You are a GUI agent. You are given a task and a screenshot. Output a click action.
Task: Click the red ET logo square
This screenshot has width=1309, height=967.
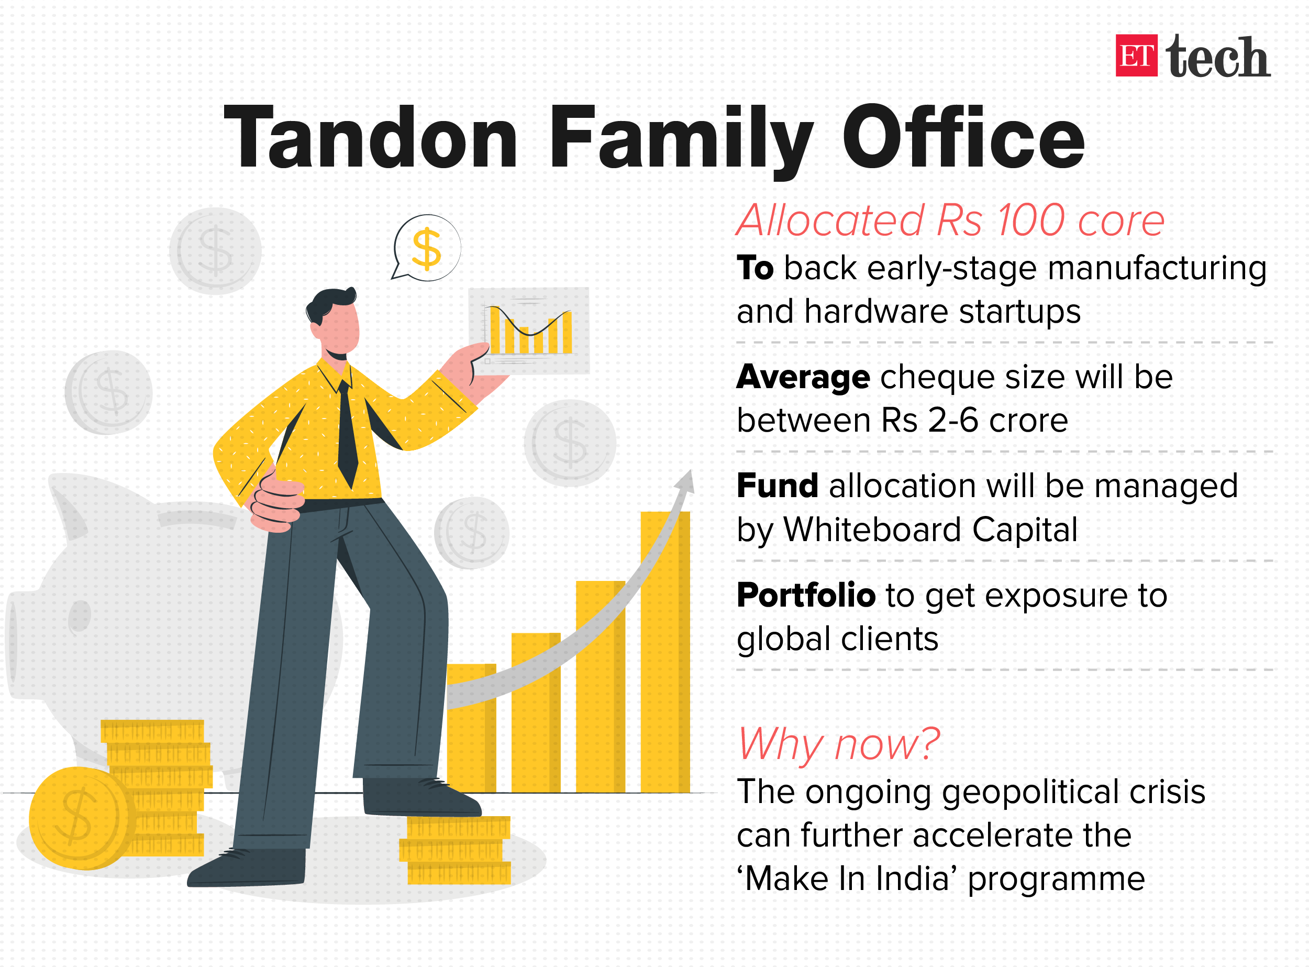[1136, 56]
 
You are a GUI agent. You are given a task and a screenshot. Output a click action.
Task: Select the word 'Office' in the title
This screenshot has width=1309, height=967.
[963, 136]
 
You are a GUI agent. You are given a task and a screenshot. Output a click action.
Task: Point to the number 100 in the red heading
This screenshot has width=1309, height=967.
[1031, 221]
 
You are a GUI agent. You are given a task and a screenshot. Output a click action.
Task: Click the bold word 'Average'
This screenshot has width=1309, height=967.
[803, 378]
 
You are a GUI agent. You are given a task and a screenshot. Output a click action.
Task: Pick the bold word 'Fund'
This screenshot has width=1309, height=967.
[777, 485]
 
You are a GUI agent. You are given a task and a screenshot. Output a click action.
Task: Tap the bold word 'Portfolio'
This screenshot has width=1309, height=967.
[806, 596]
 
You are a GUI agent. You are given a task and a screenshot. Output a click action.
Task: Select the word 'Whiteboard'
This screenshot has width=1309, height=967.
[872, 530]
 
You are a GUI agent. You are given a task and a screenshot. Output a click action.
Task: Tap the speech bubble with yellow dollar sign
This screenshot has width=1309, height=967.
[427, 248]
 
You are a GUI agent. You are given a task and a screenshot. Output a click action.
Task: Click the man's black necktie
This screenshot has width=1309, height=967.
[347, 433]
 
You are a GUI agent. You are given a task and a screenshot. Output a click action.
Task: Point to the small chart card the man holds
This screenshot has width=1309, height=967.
[528, 331]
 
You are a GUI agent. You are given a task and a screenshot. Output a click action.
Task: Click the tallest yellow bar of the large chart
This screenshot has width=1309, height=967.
[665, 652]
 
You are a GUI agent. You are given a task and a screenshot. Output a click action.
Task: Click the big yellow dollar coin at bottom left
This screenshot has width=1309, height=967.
[79, 818]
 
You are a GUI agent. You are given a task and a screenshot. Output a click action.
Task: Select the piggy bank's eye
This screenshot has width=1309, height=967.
[80, 617]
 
